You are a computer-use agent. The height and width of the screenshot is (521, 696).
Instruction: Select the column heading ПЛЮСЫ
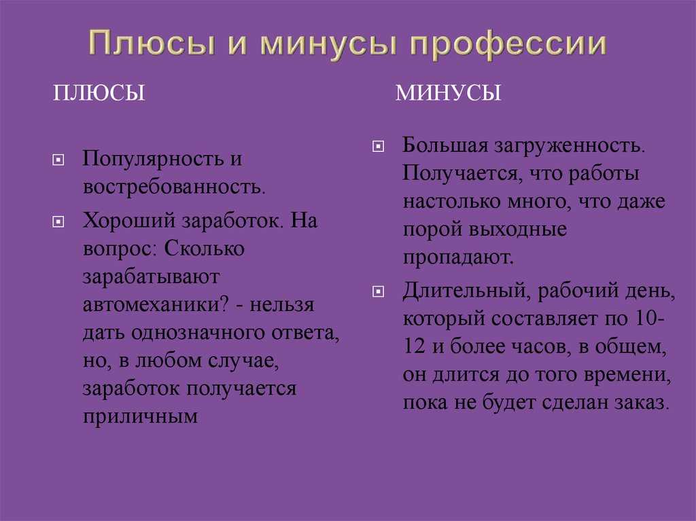[99, 93]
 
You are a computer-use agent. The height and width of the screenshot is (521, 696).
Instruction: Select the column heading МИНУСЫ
[448, 93]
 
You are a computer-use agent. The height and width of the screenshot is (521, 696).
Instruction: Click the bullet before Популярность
[58, 160]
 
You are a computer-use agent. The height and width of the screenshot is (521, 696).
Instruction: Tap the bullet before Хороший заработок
[58, 221]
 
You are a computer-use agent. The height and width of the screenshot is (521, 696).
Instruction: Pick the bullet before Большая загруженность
[378, 146]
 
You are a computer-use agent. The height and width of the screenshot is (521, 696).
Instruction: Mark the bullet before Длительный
[378, 291]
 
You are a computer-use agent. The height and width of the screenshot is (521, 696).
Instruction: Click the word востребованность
[174, 187]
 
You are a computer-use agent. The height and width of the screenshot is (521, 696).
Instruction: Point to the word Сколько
[204, 249]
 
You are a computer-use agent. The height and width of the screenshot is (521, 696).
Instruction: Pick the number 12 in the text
[415, 346]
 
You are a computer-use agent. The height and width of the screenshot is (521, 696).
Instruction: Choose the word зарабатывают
[151, 277]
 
